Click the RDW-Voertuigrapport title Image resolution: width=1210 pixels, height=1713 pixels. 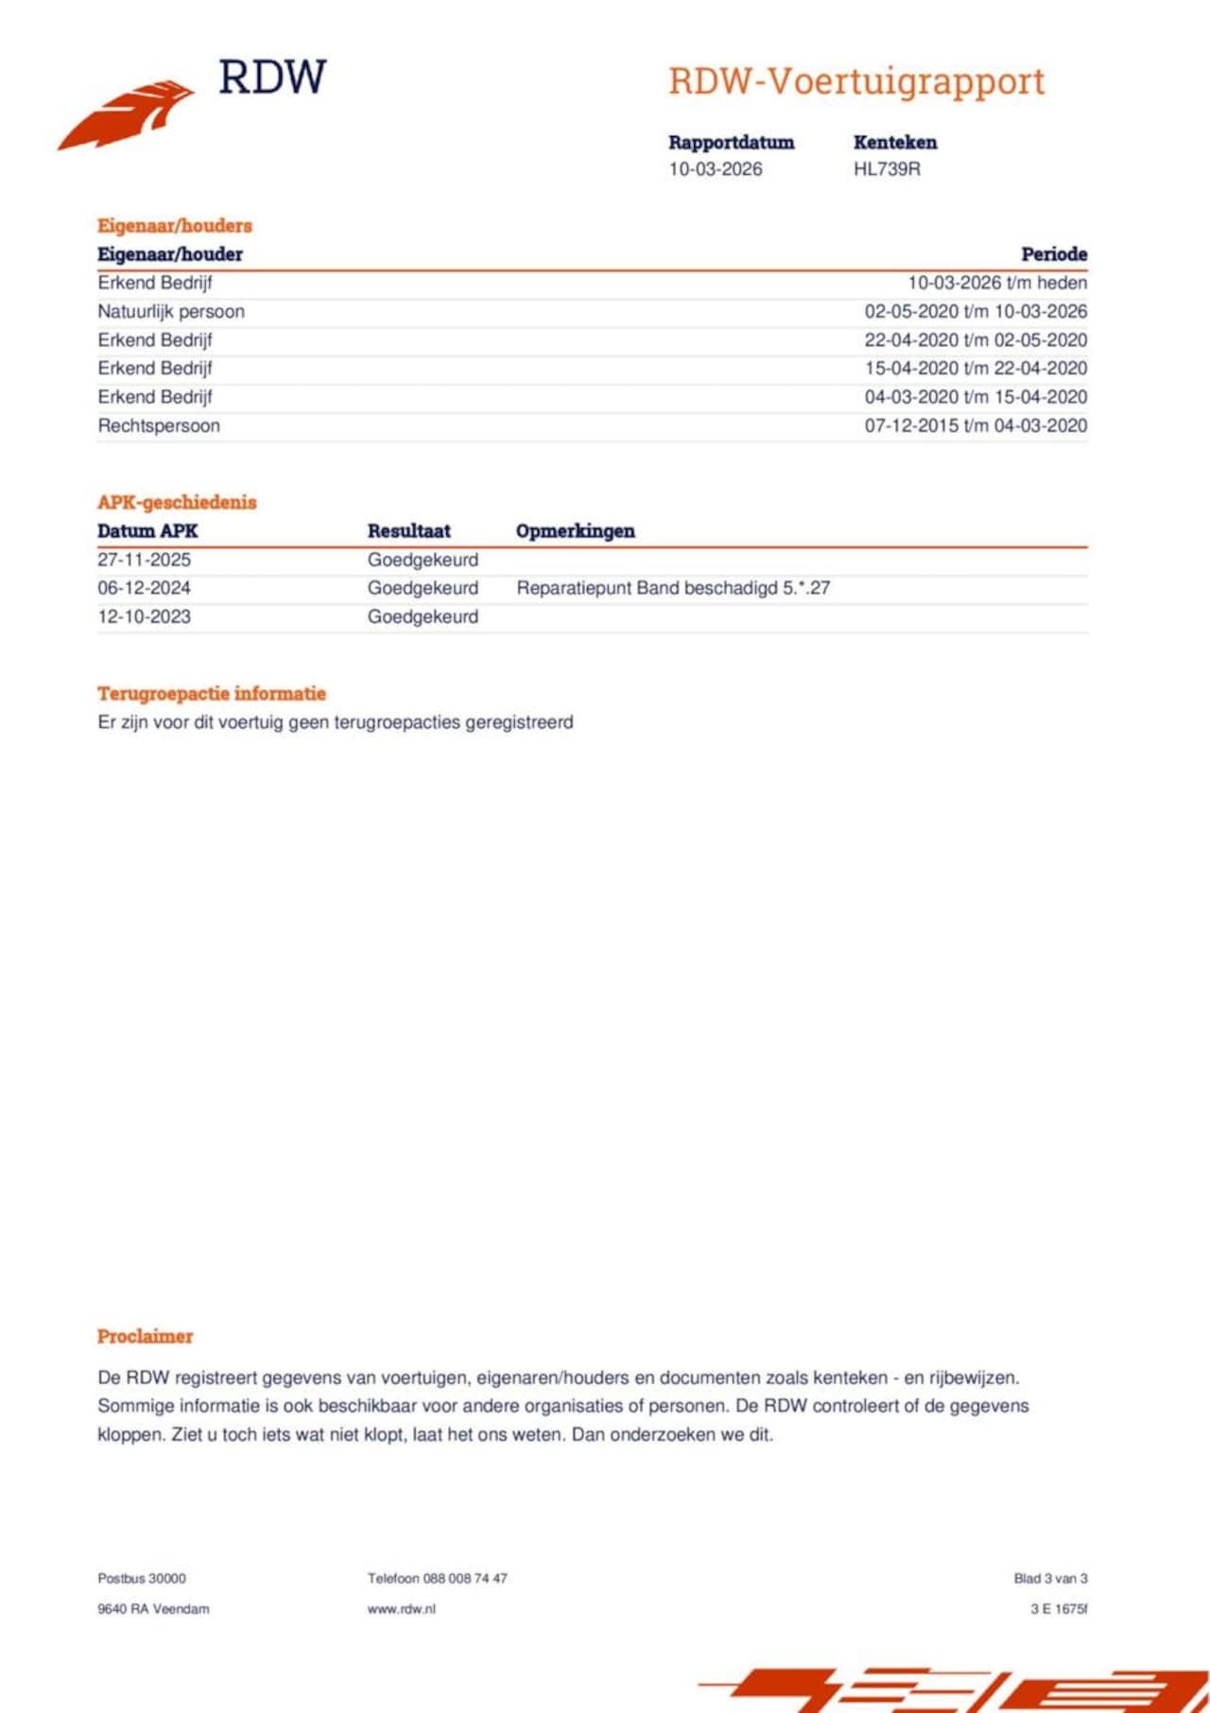[856, 81]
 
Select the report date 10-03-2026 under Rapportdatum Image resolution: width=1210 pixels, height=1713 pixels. [716, 169]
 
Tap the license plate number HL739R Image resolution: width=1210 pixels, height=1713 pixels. [887, 169]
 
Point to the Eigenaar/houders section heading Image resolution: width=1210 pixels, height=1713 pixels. [175, 226]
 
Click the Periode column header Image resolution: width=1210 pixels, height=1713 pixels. [1054, 254]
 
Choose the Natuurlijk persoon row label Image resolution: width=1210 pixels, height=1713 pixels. [171, 311]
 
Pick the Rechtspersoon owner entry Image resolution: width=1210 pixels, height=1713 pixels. [159, 425]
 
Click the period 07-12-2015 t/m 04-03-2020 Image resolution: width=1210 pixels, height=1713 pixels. [976, 425]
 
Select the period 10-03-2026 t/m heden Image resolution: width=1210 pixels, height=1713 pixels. [997, 283]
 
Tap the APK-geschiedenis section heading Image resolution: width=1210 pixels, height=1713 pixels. [177, 502]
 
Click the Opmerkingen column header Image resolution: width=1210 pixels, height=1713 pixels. [576, 531]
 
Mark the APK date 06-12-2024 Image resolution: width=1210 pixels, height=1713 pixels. [144, 588]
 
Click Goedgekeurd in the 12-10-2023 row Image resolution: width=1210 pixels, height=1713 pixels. [423, 616]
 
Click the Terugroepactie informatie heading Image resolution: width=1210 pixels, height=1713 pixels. [212, 694]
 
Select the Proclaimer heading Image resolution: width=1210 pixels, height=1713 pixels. [145, 1337]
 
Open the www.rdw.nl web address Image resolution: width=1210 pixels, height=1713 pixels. [402, 1609]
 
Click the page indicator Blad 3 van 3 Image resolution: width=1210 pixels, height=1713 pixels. [1050, 1579]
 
